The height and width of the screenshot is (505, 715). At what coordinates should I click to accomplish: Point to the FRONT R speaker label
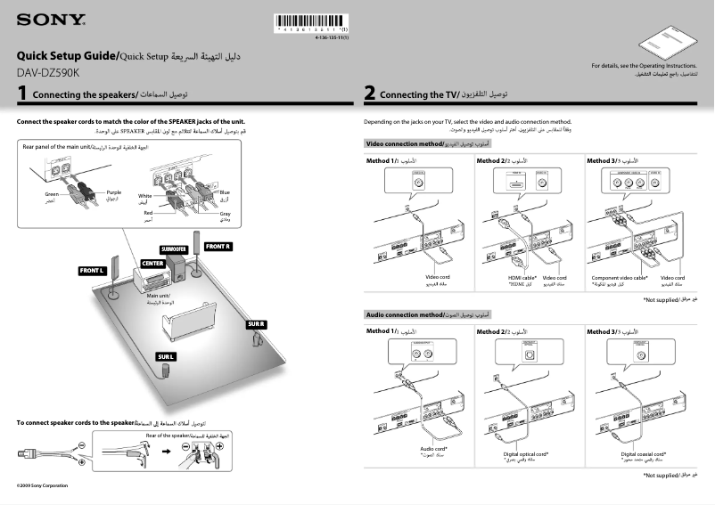(x=218, y=245)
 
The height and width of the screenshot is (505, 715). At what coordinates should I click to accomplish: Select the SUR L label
(x=166, y=356)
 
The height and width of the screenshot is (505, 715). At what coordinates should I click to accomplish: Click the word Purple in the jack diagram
(x=113, y=192)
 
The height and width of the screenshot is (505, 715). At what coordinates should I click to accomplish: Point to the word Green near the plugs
(x=52, y=193)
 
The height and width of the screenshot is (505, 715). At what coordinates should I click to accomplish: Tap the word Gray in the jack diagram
(x=225, y=214)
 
